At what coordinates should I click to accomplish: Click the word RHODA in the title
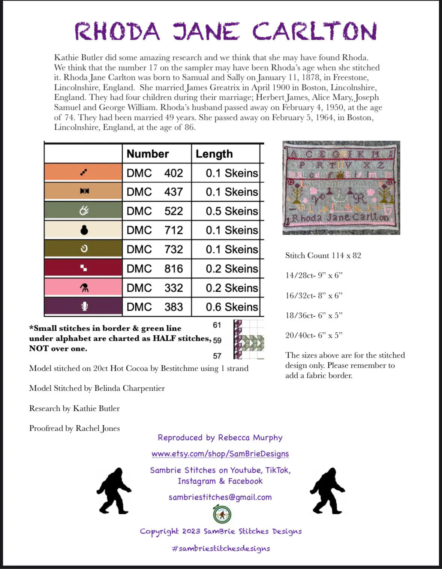117,31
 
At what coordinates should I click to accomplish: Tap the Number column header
148,154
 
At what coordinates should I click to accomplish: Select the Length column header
214,154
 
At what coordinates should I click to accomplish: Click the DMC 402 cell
155,173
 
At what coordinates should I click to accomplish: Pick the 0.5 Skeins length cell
232,211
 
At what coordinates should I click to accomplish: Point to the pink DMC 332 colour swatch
84,287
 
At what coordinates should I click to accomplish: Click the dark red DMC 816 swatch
84,268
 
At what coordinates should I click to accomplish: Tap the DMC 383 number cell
155,307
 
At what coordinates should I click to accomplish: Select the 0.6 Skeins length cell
232,307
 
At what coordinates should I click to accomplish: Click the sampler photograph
341,188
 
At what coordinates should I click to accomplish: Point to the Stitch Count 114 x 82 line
323,256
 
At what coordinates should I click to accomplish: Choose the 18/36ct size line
314,315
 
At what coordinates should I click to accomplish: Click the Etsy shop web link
220,454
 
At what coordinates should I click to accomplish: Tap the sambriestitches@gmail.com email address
220,497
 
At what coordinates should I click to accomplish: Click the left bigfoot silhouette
114,491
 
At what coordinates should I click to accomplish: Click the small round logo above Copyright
222,514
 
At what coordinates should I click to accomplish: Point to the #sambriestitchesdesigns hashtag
221,548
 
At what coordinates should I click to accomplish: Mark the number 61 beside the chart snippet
217,325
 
